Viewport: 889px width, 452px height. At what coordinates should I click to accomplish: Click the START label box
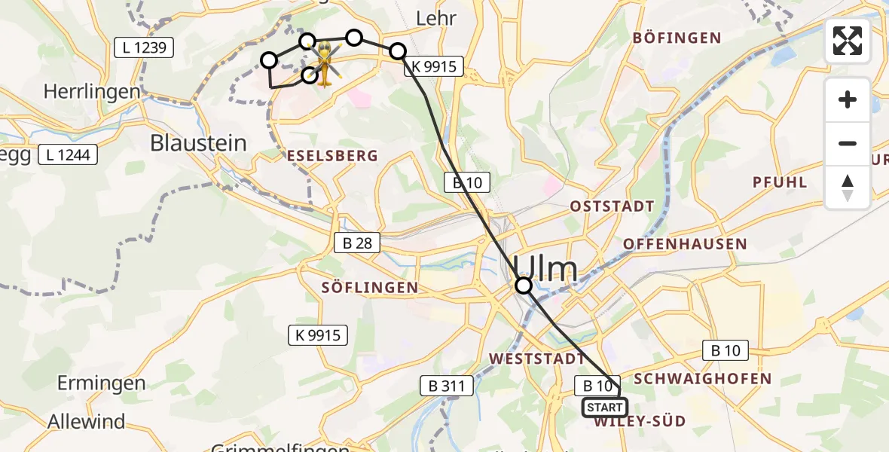click(x=604, y=408)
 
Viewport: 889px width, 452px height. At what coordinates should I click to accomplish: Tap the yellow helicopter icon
click(x=325, y=63)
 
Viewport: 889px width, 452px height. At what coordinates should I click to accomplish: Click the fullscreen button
click(x=848, y=41)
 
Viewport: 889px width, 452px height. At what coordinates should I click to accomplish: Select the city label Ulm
click(x=546, y=270)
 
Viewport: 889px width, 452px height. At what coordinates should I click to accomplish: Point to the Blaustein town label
click(x=199, y=143)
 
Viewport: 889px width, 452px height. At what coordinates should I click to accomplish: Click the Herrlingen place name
click(x=92, y=92)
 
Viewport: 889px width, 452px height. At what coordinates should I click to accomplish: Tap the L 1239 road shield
click(x=144, y=47)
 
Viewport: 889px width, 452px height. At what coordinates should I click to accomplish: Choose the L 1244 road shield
click(x=67, y=154)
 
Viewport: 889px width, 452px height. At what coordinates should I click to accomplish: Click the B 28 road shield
click(x=357, y=243)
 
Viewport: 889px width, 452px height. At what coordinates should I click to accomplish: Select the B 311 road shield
click(x=447, y=386)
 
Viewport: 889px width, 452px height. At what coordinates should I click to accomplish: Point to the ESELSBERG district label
click(x=332, y=155)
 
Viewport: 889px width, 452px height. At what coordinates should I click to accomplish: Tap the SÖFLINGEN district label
click(x=369, y=287)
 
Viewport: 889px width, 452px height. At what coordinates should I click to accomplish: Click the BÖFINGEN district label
click(x=677, y=38)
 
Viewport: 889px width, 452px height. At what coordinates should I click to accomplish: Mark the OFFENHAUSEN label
click(x=685, y=244)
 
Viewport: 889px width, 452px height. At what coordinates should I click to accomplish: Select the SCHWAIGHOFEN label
click(x=703, y=378)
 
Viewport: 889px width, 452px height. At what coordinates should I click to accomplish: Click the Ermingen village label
click(x=102, y=383)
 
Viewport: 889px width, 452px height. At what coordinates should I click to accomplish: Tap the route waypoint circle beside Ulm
click(x=523, y=286)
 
